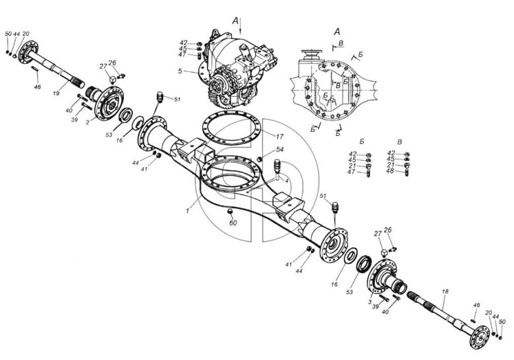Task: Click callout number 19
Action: click(56, 94)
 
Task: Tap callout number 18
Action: click(445, 291)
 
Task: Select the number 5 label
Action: click(180, 71)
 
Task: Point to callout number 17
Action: click(279, 136)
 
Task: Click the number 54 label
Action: click(279, 150)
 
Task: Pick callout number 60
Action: click(233, 223)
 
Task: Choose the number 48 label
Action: click(390, 171)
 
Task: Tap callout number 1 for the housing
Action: click(187, 212)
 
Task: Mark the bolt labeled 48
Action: click(407, 171)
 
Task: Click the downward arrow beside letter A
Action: click(241, 26)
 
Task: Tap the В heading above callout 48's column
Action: click(399, 142)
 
